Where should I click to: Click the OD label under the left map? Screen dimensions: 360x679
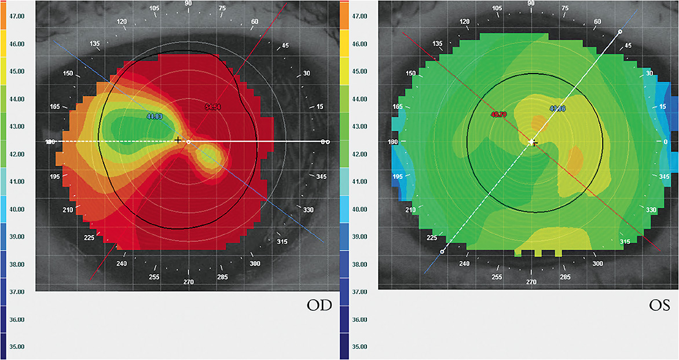(320, 305)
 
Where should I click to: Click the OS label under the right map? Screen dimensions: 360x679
(658, 305)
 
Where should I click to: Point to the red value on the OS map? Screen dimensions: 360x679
(498, 114)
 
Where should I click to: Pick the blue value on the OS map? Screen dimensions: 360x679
(557, 108)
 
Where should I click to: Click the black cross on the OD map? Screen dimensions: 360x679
(178, 141)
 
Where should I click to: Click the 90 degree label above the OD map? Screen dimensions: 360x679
(189, 3)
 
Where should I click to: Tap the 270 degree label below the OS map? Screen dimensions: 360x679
(531, 281)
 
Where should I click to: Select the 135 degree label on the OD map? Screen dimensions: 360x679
(96, 44)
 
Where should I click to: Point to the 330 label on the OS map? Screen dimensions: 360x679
(651, 210)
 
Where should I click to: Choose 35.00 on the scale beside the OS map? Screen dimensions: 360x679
(360, 347)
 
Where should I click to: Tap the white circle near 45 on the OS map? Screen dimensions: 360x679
(620, 31)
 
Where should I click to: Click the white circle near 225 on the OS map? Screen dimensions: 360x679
(442, 252)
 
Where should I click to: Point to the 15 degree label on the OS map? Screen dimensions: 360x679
(663, 106)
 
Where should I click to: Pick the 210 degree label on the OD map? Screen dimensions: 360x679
(68, 210)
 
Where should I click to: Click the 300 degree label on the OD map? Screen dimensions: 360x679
(255, 263)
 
